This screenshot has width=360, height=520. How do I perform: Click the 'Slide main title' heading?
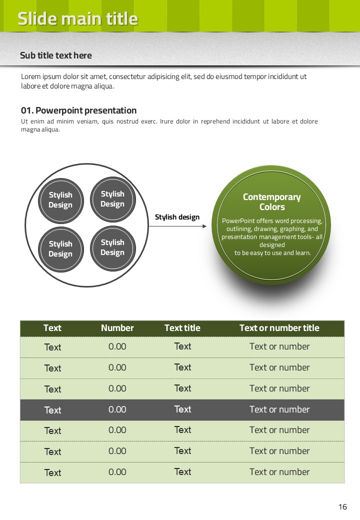point(77,19)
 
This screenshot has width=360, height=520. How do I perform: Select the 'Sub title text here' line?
point(56,55)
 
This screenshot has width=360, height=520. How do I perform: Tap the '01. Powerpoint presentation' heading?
point(78,110)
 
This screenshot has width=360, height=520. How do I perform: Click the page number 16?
point(342,507)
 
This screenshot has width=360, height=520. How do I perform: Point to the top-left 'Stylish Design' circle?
point(60,200)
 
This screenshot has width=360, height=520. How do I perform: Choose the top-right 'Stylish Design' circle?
point(112,199)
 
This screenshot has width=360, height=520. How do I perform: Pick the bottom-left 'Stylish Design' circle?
point(60,249)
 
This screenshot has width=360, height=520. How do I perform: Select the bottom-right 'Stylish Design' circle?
point(112,247)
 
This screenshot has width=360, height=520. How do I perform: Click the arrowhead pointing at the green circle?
point(204,226)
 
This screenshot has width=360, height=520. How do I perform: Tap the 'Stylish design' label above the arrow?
point(177,217)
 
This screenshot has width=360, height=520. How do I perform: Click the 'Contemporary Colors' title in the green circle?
point(271,202)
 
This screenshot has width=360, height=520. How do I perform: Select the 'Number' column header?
point(117,328)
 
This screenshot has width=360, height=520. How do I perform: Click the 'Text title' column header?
point(182,328)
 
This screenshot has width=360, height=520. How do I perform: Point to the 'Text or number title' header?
point(279,328)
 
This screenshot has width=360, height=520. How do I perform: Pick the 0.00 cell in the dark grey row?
point(117,409)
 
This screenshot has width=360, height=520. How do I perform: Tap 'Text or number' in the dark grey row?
point(279,409)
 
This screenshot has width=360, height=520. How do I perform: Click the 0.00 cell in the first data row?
point(117,346)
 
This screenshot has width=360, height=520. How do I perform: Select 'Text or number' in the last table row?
point(279,472)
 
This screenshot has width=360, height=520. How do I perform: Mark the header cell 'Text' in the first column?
point(52,328)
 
